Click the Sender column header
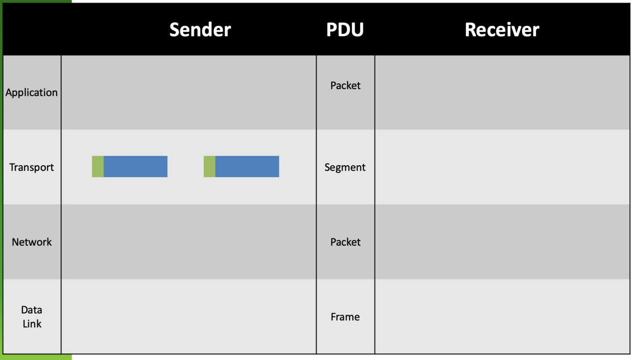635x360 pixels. [x=200, y=30]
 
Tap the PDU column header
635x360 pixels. [x=345, y=30]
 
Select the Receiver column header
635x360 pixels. [x=502, y=30]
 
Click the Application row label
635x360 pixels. [x=31, y=92]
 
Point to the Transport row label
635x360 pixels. [x=31, y=167]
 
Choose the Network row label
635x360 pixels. [x=31, y=242]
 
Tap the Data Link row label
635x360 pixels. [x=31, y=317]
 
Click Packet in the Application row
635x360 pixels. [x=345, y=86]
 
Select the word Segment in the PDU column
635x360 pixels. [x=345, y=167]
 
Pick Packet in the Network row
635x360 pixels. [x=345, y=242]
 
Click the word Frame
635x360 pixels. [x=345, y=317]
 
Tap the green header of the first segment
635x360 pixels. [x=98, y=167]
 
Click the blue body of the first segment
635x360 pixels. [x=136, y=167]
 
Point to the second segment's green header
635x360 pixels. [x=209, y=167]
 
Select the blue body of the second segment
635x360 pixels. [x=247, y=167]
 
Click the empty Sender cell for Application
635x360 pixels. [x=189, y=92]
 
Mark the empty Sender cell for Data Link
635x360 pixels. [x=189, y=317]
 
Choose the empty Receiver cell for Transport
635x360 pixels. [x=502, y=167]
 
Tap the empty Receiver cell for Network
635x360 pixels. [x=502, y=242]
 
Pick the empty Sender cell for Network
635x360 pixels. [x=189, y=242]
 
